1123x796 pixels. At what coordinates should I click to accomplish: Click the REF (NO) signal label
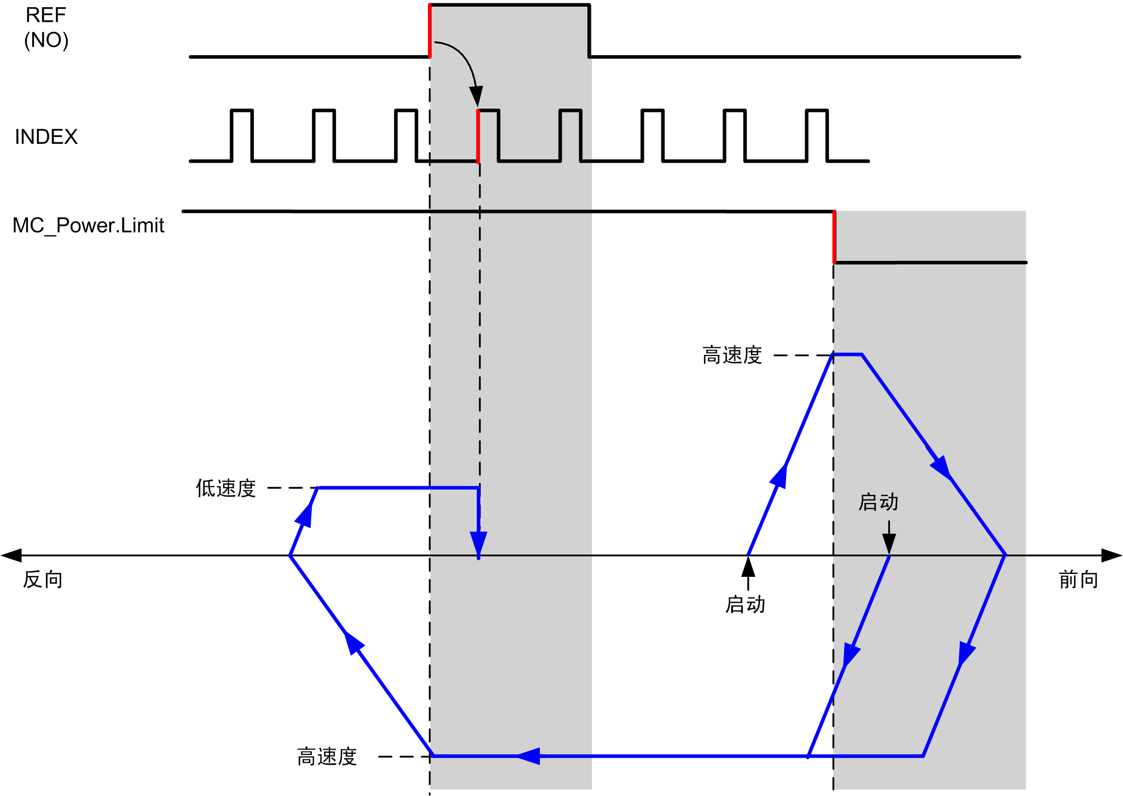46,28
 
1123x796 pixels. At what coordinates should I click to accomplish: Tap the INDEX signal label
46,137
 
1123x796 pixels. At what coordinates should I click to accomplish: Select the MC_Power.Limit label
88,225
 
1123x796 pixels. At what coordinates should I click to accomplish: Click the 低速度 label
225,488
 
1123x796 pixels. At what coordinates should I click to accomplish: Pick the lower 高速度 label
326,757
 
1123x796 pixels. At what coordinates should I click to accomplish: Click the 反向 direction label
43,580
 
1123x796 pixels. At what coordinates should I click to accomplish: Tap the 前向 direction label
1078,580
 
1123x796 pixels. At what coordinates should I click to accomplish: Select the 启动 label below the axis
744,605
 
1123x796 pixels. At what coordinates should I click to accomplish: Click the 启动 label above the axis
878,502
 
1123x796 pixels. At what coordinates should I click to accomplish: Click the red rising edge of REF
429,31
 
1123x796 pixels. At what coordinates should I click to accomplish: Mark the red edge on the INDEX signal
478,136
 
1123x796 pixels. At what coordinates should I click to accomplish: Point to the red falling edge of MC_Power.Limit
834,237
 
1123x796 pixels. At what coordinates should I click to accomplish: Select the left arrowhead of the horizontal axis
11,555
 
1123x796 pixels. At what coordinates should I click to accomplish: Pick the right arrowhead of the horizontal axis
1112,555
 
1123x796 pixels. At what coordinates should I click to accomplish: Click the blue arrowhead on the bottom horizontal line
529,756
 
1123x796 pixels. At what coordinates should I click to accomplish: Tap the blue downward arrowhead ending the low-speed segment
478,543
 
